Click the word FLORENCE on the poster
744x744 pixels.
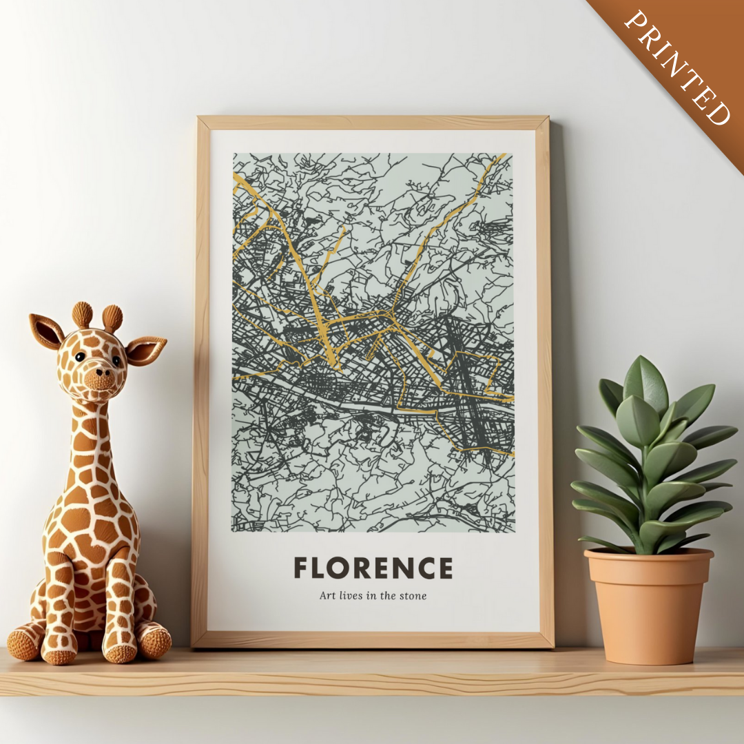click(373, 568)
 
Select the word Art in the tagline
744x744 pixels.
click(327, 596)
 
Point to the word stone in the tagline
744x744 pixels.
click(413, 596)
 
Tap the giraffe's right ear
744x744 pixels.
click(145, 350)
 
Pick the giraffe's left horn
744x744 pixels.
click(82, 314)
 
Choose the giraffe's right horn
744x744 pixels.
click(112, 318)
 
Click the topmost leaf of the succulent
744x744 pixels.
click(645, 382)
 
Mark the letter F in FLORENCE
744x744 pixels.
click(301, 568)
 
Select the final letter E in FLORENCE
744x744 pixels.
click(445, 568)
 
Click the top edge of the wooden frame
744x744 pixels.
click(373, 123)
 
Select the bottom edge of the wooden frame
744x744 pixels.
click(373, 640)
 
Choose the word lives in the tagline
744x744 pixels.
click(353, 596)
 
